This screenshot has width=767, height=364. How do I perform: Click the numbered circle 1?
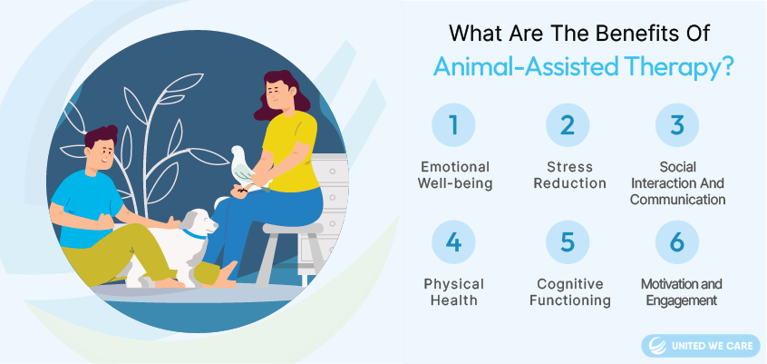pos(453,125)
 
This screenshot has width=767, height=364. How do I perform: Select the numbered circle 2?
pos(568,125)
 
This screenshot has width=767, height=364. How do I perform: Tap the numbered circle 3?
pos(677,125)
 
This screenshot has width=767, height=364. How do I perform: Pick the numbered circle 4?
pos(453,242)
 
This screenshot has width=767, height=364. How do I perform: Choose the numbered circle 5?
pos(568,242)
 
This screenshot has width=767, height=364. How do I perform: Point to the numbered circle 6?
pos(677,242)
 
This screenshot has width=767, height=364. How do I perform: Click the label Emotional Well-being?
pos(455,175)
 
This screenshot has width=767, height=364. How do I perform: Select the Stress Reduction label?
pos(570,175)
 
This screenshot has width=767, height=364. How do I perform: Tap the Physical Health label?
pos(453,292)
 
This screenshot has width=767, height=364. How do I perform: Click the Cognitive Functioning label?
pos(570,292)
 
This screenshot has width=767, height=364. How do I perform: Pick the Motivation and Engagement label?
pos(682,292)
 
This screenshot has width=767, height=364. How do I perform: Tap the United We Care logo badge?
pos(701,346)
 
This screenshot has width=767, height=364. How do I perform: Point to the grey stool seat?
pos(293,229)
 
